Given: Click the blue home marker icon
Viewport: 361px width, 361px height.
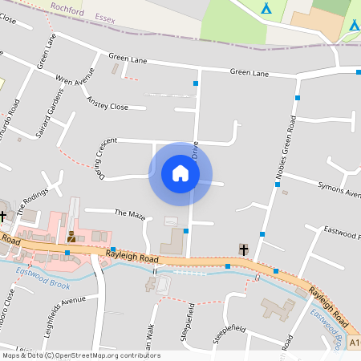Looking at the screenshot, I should [180, 173].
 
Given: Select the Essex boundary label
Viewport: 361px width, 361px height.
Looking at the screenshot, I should [104, 17].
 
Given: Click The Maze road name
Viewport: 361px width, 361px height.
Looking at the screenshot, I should [130, 214].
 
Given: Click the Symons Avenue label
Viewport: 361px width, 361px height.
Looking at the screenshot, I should [339, 189].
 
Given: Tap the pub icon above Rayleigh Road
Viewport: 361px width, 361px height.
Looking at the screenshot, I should [71, 236].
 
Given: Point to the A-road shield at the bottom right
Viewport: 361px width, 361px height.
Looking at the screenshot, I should [355, 343].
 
